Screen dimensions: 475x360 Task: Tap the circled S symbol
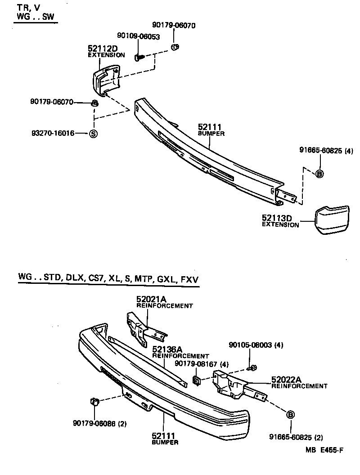pos(93,134)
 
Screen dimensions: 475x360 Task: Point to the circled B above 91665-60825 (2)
pos(290,414)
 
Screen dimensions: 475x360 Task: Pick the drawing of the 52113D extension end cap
pos(332,220)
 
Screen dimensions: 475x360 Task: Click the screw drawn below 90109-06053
pos(139,57)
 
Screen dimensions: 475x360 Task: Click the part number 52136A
pos(167,350)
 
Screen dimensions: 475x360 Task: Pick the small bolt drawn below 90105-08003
pos(252,368)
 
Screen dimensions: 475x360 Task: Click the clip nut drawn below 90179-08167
pos(197,381)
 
